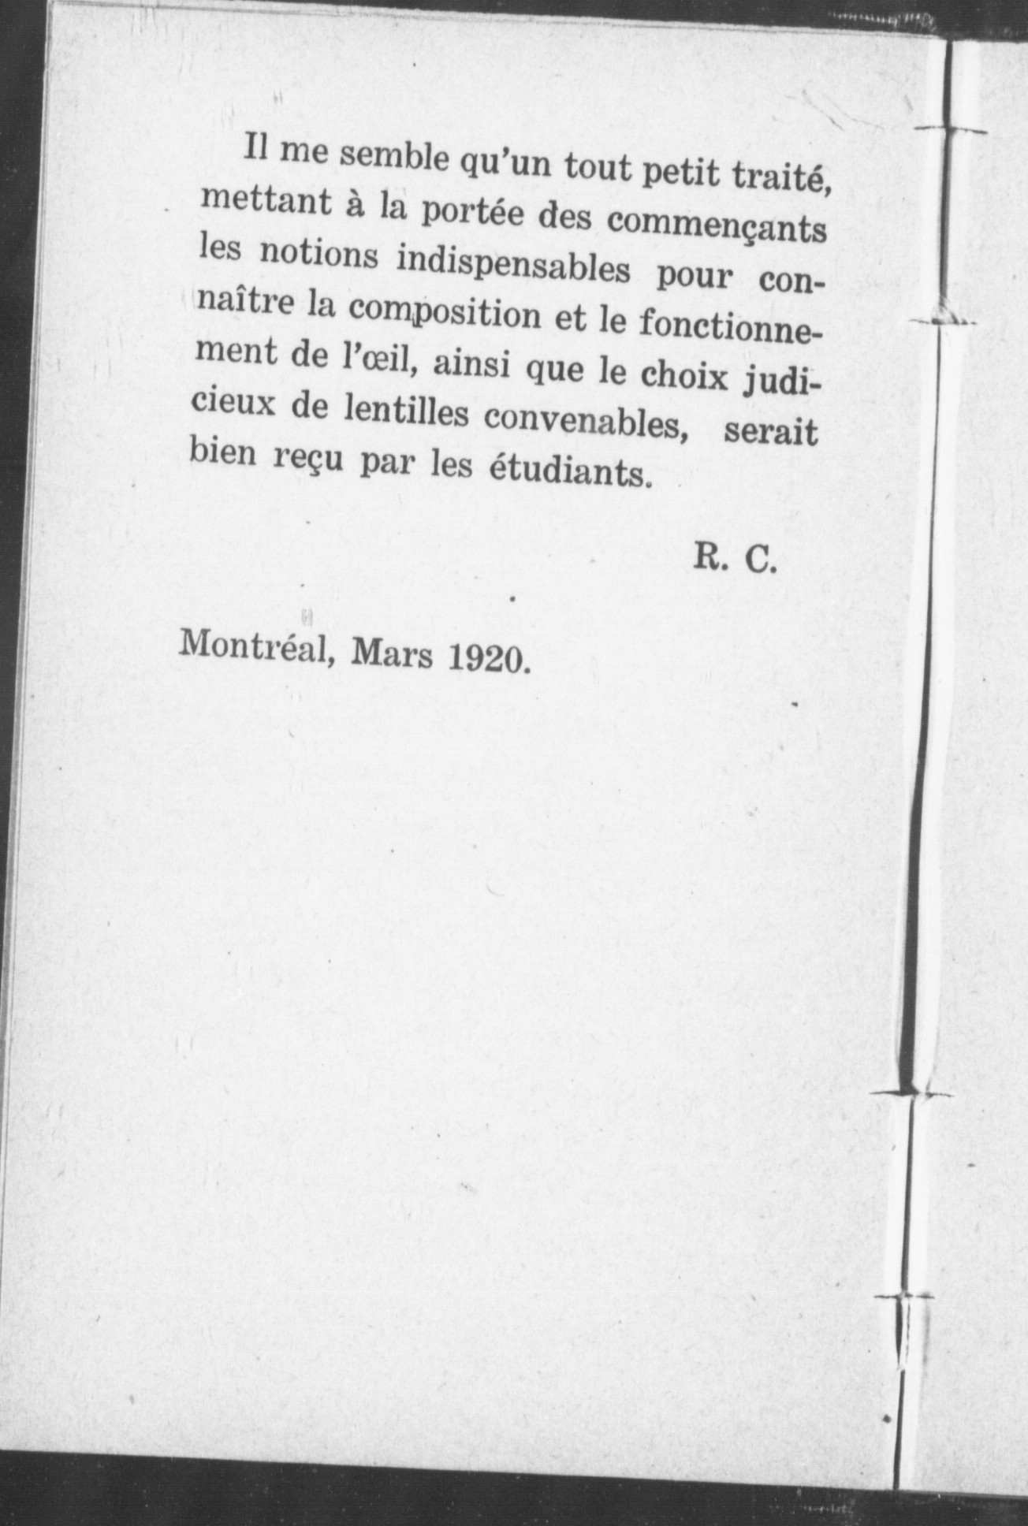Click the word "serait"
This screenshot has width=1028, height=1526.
[770, 433]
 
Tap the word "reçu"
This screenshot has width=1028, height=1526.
[300, 460]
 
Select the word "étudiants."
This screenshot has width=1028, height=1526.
[573, 473]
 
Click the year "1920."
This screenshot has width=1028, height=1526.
[487, 659]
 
